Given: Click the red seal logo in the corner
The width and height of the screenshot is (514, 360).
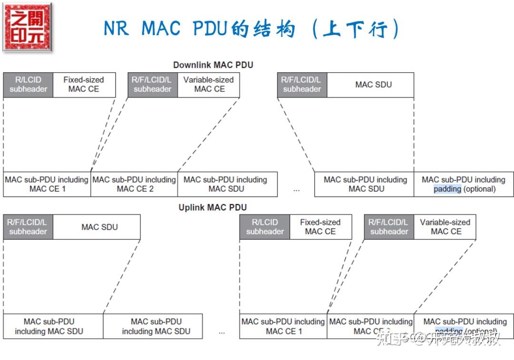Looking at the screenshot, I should [27, 27].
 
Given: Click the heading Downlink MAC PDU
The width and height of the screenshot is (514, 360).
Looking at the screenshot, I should [213, 65].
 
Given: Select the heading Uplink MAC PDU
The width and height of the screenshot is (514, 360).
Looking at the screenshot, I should [213, 208].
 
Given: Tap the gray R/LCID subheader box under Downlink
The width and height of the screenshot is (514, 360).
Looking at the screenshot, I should [28, 85].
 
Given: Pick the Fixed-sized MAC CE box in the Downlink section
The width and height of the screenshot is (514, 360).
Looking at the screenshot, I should [84, 85].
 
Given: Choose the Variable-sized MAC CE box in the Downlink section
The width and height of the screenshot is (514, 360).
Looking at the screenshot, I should [208, 85].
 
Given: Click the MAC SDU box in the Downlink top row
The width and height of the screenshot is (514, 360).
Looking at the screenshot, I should [373, 85].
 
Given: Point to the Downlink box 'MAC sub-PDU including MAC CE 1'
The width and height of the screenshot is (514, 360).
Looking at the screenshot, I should [47, 184].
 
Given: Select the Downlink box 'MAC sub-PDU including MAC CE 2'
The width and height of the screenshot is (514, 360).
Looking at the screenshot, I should [134, 184].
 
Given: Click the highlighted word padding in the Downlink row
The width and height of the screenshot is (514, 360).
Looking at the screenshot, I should [447, 189].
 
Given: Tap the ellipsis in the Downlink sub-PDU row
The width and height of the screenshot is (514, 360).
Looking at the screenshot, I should [297, 189].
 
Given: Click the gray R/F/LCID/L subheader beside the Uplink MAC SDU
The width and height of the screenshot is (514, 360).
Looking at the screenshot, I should [28, 227].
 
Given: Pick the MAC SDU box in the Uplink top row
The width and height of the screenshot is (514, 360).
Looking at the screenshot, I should [99, 227].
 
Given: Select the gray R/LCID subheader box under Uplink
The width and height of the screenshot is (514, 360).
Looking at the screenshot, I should [265, 227].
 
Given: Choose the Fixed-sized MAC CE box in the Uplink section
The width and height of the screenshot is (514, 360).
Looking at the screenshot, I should [320, 227].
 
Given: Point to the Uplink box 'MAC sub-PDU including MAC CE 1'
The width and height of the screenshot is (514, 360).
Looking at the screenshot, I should [283, 326].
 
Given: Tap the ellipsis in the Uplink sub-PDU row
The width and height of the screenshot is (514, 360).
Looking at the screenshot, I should [222, 331].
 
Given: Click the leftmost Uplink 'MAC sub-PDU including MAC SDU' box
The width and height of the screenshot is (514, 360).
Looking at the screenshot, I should [53, 326].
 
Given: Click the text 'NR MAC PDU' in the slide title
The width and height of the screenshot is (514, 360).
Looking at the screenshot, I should [167, 29].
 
